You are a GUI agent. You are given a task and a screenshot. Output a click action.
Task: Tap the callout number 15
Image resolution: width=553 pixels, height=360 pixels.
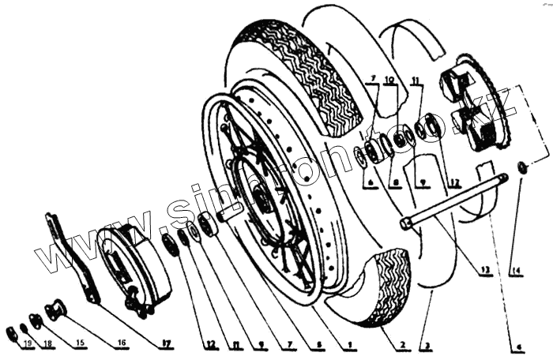pos(81,344)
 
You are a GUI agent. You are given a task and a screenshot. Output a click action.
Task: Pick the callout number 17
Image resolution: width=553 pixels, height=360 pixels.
pos(166,344)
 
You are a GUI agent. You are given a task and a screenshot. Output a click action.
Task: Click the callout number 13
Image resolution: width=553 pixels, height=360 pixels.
pos(483,271)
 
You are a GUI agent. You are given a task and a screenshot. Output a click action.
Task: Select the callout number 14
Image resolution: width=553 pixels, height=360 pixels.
pos(517,272)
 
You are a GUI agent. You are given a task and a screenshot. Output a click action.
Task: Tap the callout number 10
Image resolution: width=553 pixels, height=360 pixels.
pos(389,81)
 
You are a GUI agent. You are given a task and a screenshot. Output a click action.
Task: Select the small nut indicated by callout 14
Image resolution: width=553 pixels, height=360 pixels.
pos(522,167)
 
